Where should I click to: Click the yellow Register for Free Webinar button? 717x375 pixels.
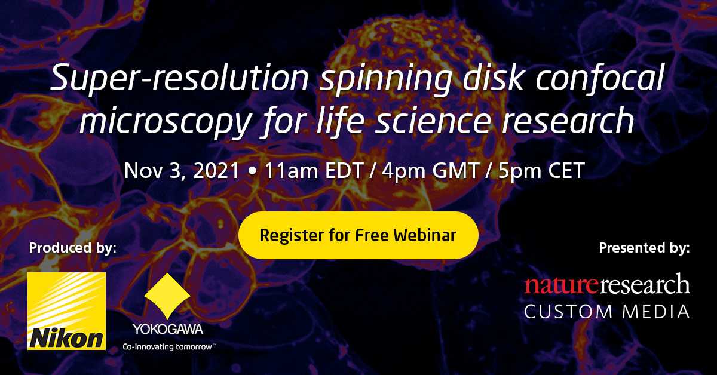coord(358,235)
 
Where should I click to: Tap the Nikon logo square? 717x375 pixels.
coord(66,311)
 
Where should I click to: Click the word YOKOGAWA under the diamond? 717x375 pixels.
coord(167,329)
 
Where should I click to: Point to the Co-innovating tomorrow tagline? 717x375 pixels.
coord(169,346)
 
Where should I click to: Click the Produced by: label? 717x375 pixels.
coord(72,247)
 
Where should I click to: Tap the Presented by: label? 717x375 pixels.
coord(644,247)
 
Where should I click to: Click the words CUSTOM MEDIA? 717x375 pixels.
coord(607,311)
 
